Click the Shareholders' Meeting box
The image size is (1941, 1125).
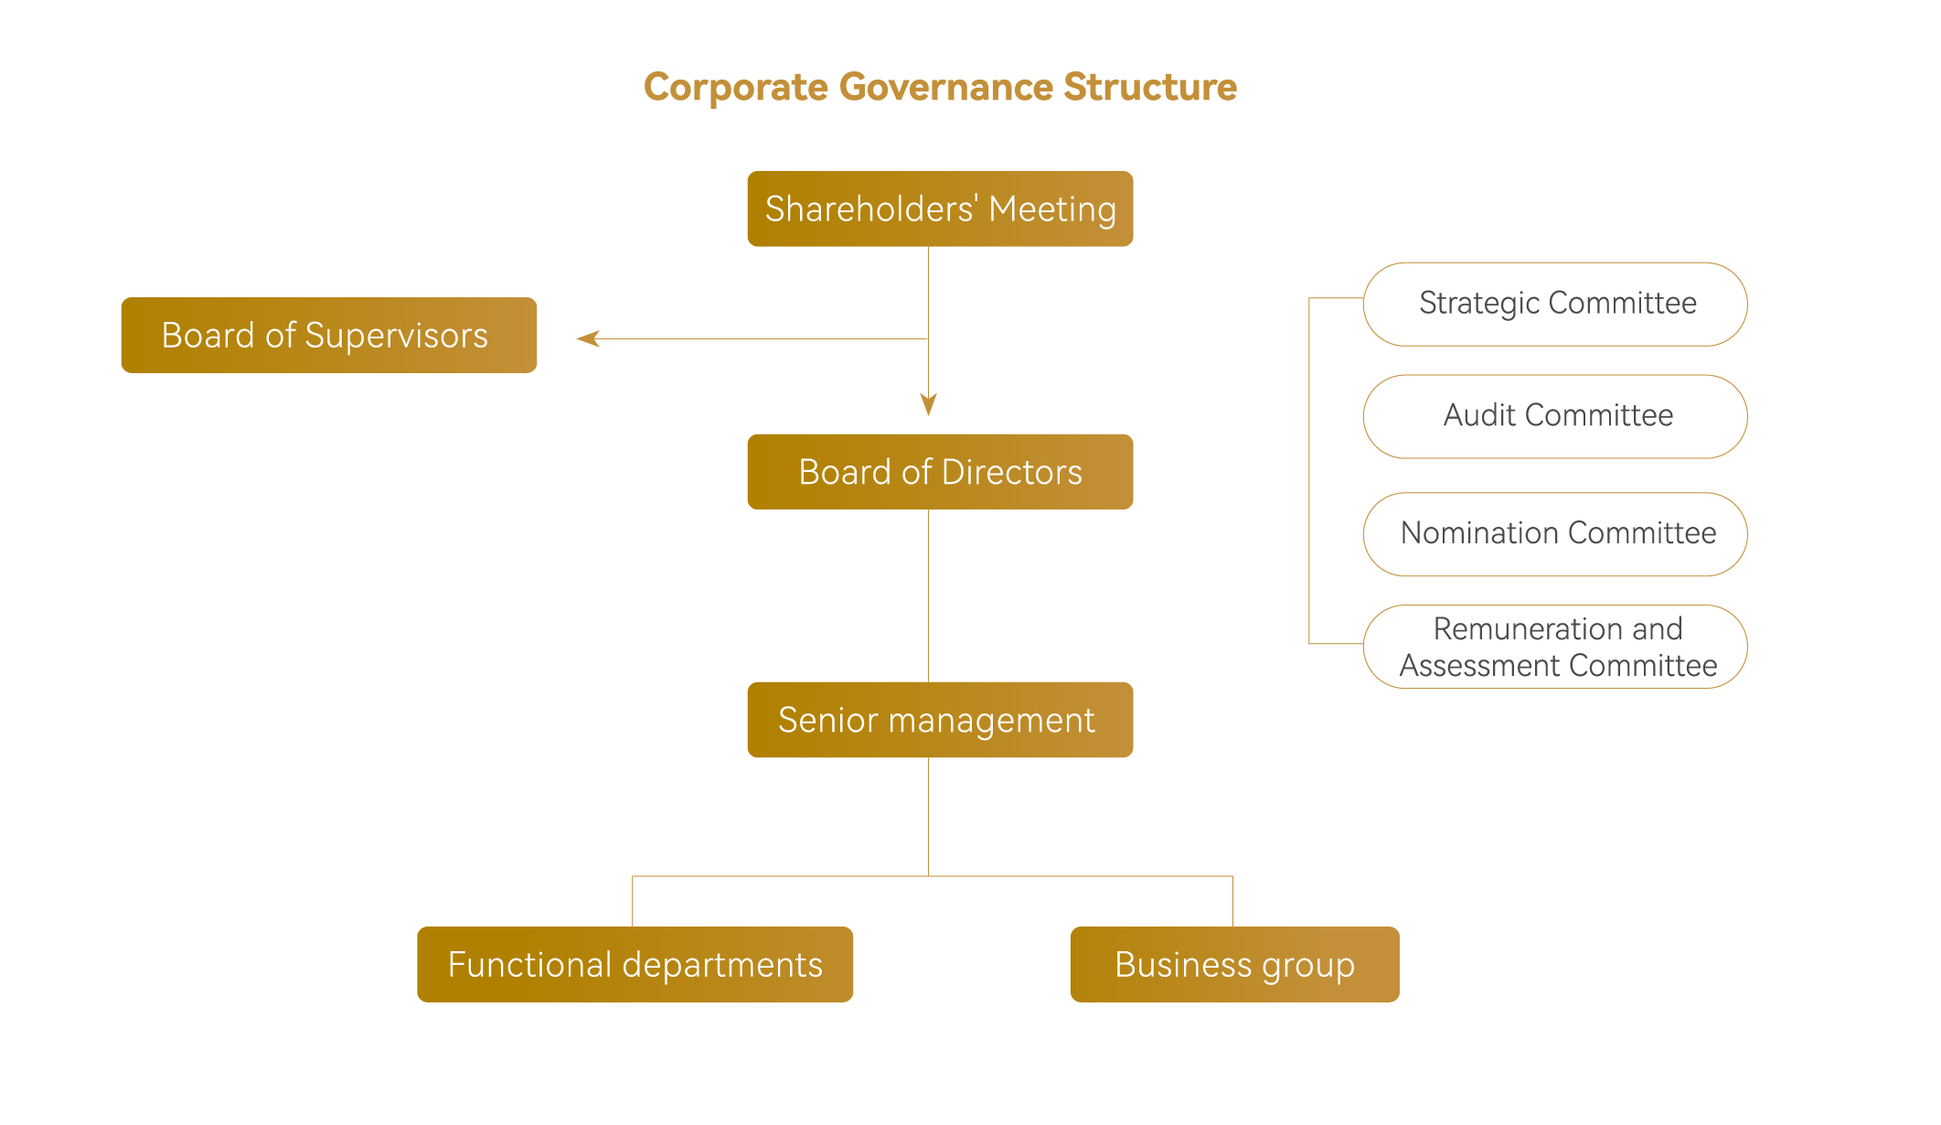tap(940, 209)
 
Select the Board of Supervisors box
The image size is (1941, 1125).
tap(328, 335)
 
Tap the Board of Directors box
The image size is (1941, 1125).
tap(940, 472)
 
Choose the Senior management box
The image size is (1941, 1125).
tap(940, 720)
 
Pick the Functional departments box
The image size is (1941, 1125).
tap(635, 964)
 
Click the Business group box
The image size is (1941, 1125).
tap(1234, 964)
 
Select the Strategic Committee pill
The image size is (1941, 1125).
tap(1555, 304)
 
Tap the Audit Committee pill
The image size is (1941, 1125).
tap(1555, 416)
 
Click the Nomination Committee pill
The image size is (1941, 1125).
tap(1555, 534)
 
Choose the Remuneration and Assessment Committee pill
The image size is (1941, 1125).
tap(1555, 647)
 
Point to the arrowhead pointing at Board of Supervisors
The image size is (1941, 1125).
tap(588, 338)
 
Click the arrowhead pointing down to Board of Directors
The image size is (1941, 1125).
tap(928, 404)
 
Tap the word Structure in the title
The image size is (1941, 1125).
tap(1150, 88)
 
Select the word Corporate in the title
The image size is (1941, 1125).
tap(735, 88)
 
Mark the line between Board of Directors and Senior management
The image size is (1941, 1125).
tap(928, 595)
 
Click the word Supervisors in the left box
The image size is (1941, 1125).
tap(396, 336)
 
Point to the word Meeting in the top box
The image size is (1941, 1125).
tap(1052, 209)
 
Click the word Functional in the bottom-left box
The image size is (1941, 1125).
tap(529, 965)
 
